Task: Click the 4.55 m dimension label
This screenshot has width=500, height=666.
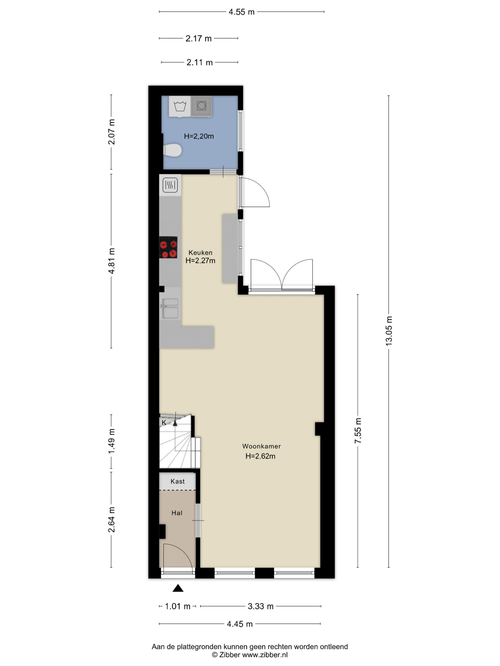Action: pos(241,12)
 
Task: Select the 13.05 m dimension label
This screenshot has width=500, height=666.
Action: pos(389,331)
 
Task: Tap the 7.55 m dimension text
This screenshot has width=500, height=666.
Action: pos(358,431)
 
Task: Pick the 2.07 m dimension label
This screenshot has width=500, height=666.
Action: pos(111,132)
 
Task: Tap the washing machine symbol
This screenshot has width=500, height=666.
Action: pos(180,106)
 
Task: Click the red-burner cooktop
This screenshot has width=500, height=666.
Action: pos(168,247)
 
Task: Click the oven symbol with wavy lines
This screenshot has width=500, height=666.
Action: pos(170,185)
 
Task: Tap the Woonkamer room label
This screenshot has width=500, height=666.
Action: pos(261,446)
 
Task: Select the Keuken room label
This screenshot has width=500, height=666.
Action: pos(201,253)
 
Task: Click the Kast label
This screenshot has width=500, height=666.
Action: pos(178,482)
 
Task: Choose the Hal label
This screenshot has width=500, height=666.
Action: pos(177,513)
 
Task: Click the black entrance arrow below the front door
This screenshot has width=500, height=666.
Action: pos(178,588)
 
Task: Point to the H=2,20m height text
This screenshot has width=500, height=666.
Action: pos(199,136)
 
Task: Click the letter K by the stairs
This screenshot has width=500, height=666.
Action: pos(164,422)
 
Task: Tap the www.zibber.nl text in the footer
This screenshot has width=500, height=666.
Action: pos(265,655)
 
